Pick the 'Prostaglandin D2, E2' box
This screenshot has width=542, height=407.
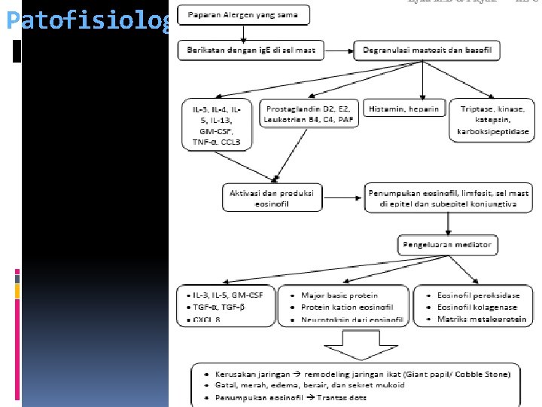(x=307, y=113)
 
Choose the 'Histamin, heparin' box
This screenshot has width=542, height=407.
(x=403, y=109)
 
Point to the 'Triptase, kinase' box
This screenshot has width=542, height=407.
(x=492, y=121)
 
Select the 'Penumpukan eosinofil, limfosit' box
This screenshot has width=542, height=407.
(x=448, y=197)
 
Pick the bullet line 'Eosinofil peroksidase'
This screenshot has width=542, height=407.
(x=477, y=295)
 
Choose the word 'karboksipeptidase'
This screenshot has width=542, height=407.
(x=492, y=132)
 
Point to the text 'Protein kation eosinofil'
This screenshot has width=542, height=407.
(x=347, y=307)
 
